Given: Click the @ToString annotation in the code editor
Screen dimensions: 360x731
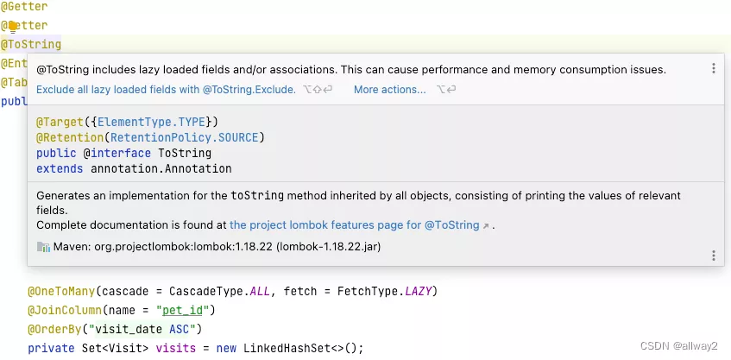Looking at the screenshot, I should pos(31,44).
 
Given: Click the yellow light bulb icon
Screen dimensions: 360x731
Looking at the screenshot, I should pos(13,26).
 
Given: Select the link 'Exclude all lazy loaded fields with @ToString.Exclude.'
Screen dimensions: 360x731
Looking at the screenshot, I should pos(166,90).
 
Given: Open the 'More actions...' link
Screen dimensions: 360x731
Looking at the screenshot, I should pos(389,90).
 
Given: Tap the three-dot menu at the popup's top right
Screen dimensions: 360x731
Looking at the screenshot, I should pos(713,69).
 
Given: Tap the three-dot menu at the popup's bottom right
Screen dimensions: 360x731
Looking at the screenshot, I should pos(713,256).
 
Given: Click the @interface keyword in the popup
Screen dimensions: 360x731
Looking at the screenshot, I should pos(117,153).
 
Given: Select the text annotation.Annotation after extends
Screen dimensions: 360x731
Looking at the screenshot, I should pos(156,168).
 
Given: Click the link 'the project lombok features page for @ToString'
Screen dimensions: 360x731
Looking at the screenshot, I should pos(354,225).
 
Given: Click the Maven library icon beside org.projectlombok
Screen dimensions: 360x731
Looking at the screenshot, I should pos(43,247).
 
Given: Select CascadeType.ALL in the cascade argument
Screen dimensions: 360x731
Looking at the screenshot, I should pos(231,291).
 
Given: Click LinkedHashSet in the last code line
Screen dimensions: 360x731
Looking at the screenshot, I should pos(285,348).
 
